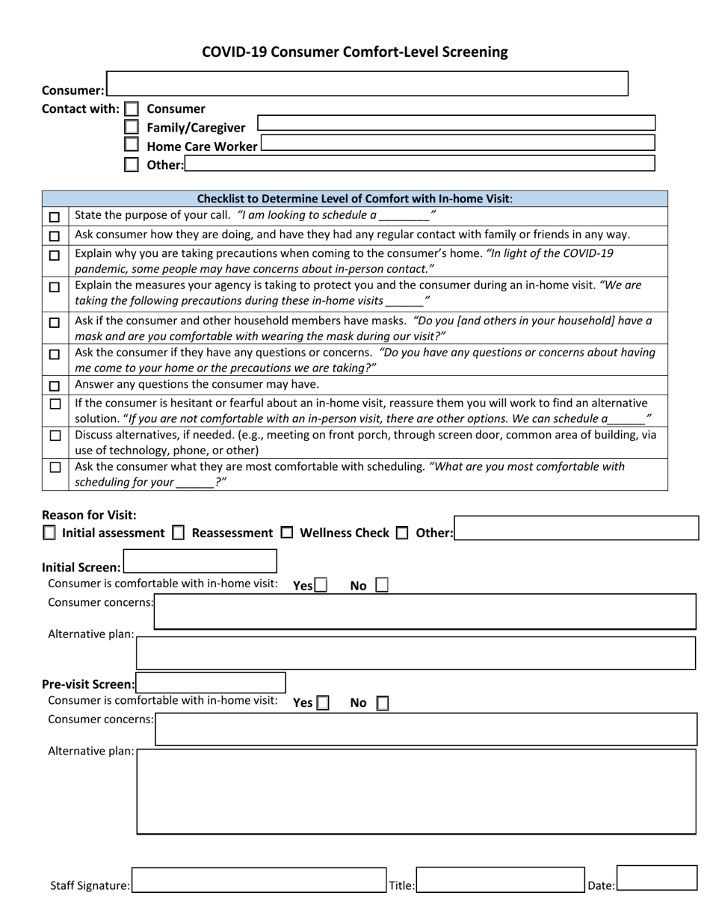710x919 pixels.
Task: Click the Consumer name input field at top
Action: click(x=367, y=84)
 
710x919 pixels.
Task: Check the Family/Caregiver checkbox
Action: click(x=132, y=127)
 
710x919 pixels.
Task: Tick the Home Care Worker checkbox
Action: click(x=132, y=145)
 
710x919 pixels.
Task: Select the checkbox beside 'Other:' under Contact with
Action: click(x=132, y=164)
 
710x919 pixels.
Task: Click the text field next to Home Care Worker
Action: click(x=457, y=143)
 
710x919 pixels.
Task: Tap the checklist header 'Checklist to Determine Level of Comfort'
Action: click(x=354, y=199)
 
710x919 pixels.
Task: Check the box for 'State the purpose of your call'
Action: click(x=55, y=217)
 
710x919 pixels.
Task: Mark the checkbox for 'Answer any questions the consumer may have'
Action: click(x=55, y=386)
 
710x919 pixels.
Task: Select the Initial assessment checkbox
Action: click(x=49, y=533)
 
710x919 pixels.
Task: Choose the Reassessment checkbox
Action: click(x=179, y=533)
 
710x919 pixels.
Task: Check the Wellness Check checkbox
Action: click(x=287, y=533)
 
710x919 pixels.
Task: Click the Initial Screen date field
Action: click(x=200, y=562)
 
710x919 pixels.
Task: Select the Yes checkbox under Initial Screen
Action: click(x=321, y=585)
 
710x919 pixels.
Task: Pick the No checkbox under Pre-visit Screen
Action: click(x=382, y=703)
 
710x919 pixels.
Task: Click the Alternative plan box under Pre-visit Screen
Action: click(x=416, y=791)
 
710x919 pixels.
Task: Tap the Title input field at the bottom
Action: click(x=500, y=880)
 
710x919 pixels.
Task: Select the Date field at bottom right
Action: click(x=657, y=878)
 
